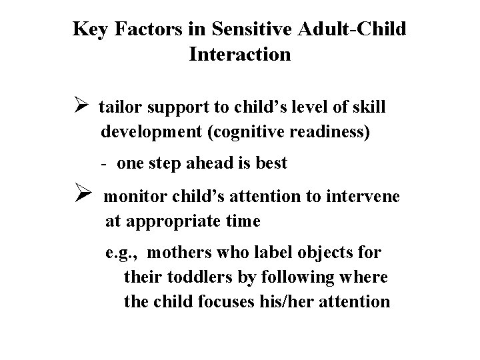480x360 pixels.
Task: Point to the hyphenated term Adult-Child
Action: point(353,29)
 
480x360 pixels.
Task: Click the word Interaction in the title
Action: point(239,54)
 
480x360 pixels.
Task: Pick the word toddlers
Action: point(193,277)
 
